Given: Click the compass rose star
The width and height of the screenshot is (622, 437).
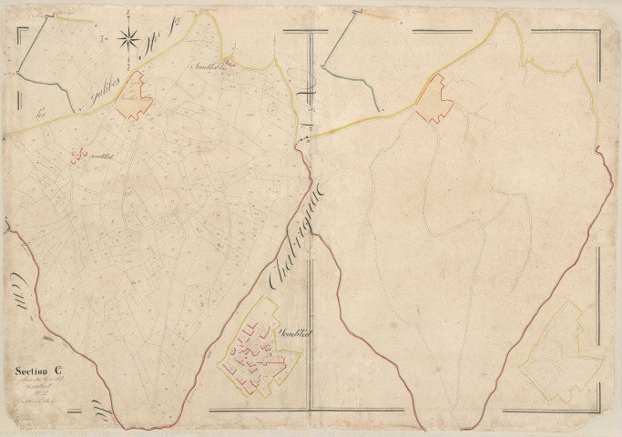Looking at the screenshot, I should tap(129, 39).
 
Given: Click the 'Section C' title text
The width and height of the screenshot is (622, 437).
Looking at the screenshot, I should tap(39, 371).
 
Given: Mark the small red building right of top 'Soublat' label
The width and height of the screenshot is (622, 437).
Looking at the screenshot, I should tap(229, 62).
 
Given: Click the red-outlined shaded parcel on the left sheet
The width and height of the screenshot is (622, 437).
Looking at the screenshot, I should tap(134, 96).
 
